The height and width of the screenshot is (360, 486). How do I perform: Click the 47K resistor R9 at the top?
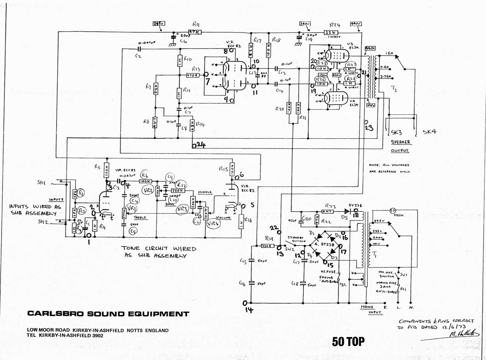(195, 32)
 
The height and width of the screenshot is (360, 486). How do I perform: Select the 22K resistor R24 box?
(331, 33)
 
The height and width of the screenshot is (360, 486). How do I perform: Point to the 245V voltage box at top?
(159, 23)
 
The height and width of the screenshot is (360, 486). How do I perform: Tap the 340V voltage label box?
(305, 24)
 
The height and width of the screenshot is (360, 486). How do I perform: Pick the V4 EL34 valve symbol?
(336, 98)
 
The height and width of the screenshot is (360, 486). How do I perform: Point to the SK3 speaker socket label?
(396, 132)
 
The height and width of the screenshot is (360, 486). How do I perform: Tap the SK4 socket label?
(430, 132)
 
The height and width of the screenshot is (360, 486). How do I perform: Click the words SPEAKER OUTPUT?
(400, 146)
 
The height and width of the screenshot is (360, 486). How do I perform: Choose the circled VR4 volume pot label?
(214, 223)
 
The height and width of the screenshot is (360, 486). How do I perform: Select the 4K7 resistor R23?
(327, 211)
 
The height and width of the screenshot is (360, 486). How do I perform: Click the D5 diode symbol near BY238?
(347, 211)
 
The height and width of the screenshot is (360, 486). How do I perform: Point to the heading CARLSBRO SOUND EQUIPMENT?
(108, 314)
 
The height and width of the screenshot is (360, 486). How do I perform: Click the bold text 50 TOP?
(348, 341)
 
